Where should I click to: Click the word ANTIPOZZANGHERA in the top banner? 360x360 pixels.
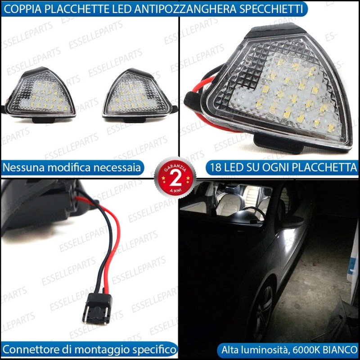[x=185, y=9]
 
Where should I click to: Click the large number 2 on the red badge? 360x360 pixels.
[x=175, y=180]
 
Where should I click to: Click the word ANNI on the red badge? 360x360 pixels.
[x=175, y=190]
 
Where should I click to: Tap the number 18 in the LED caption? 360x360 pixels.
[x=216, y=167]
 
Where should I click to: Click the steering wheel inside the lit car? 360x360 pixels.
[x=253, y=212]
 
